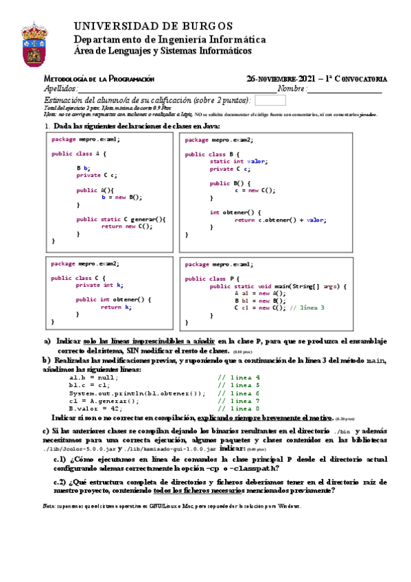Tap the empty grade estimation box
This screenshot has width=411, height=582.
click(x=269, y=100)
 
